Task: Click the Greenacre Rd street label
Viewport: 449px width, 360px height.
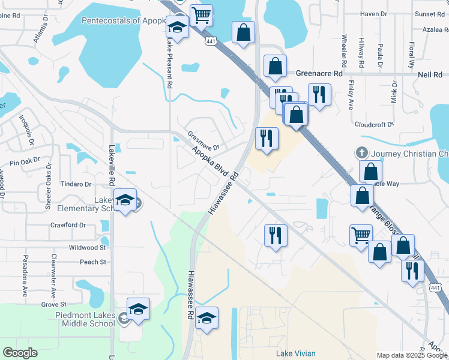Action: pos(319,73)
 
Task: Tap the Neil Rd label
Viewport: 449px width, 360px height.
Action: pos(429,73)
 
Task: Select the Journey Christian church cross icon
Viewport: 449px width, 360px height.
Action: pos(362,154)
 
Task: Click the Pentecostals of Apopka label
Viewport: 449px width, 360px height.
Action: pos(123,20)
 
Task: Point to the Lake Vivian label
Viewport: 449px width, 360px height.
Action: pos(295,353)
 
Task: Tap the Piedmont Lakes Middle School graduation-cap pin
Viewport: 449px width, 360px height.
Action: pos(139,310)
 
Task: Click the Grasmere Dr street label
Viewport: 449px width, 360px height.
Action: pos(203,141)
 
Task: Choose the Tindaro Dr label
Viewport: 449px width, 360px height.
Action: pos(76,184)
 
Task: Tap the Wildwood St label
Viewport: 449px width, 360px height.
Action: pos(88,247)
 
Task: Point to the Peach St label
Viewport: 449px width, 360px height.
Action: pos(93,262)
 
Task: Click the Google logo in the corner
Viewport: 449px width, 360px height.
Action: pos(20,353)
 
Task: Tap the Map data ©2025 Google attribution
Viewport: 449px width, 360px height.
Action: pos(411,355)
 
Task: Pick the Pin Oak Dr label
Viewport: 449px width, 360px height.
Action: pos(24,162)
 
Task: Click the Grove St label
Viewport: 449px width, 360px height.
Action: pos(53,305)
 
